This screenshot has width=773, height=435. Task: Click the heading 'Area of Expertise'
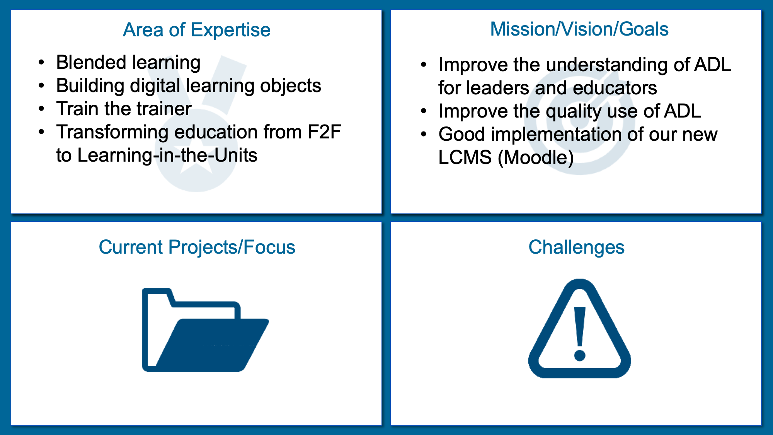[x=197, y=30]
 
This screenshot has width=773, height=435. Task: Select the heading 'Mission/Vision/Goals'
[x=579, y=29]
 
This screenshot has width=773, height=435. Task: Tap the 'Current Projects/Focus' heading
[x=197, y=247]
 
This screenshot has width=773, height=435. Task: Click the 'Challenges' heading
[x=576, y=247]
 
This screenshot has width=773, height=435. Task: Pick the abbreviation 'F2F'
[x=324, y=132]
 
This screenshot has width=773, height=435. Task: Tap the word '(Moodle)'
[x=536, y=158]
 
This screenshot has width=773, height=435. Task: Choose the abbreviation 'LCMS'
[x=465, y=158]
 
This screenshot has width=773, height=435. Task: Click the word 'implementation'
[x=556, y=135]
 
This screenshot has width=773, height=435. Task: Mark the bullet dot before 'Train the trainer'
[x=41, y=109]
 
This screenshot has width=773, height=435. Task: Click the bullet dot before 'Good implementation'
[x=424, y=135]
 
